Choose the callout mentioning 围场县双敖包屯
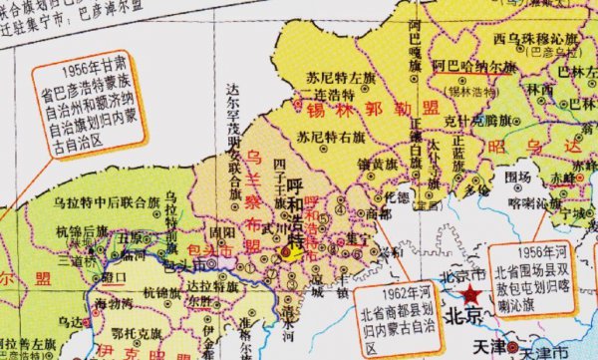pyautogui.click(x=547, y=270)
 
